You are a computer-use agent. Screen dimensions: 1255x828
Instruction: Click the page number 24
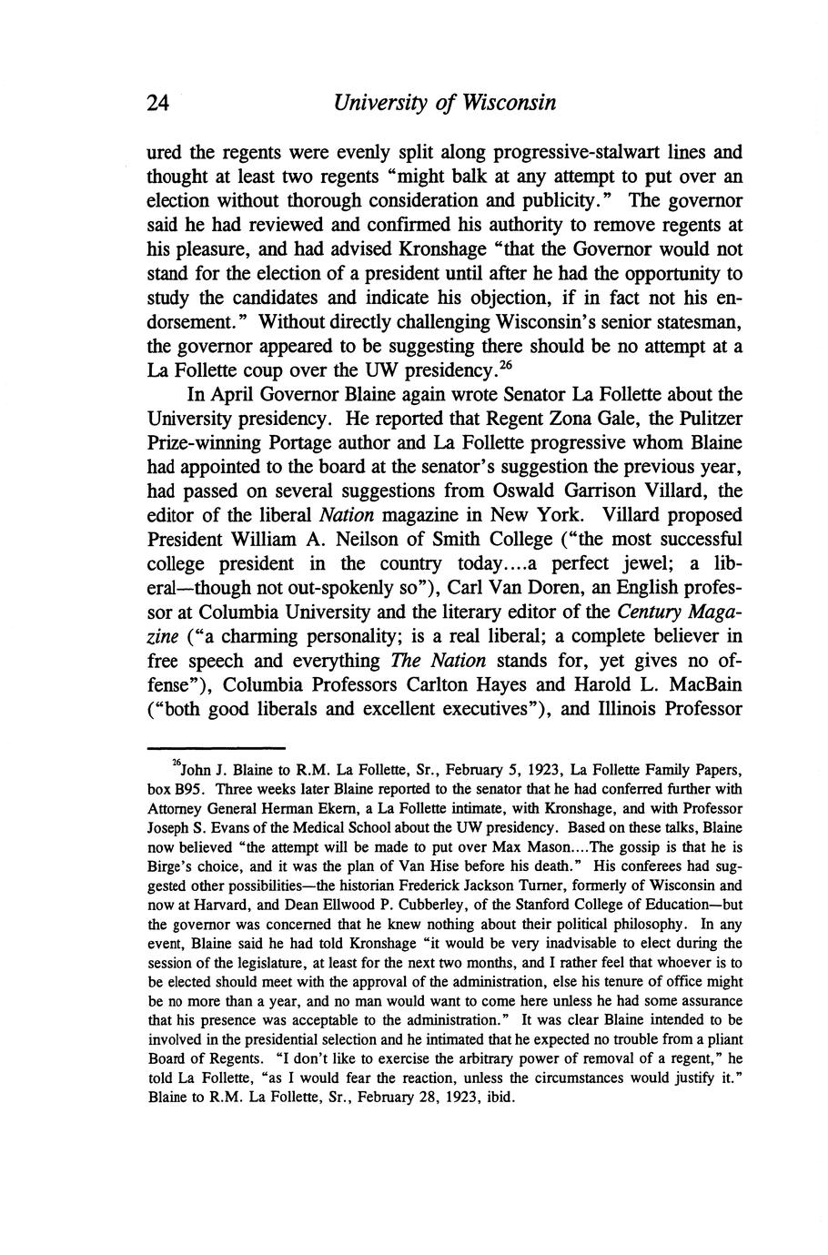click(158, 103)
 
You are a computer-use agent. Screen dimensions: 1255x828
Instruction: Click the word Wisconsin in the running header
click(505, 103)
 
